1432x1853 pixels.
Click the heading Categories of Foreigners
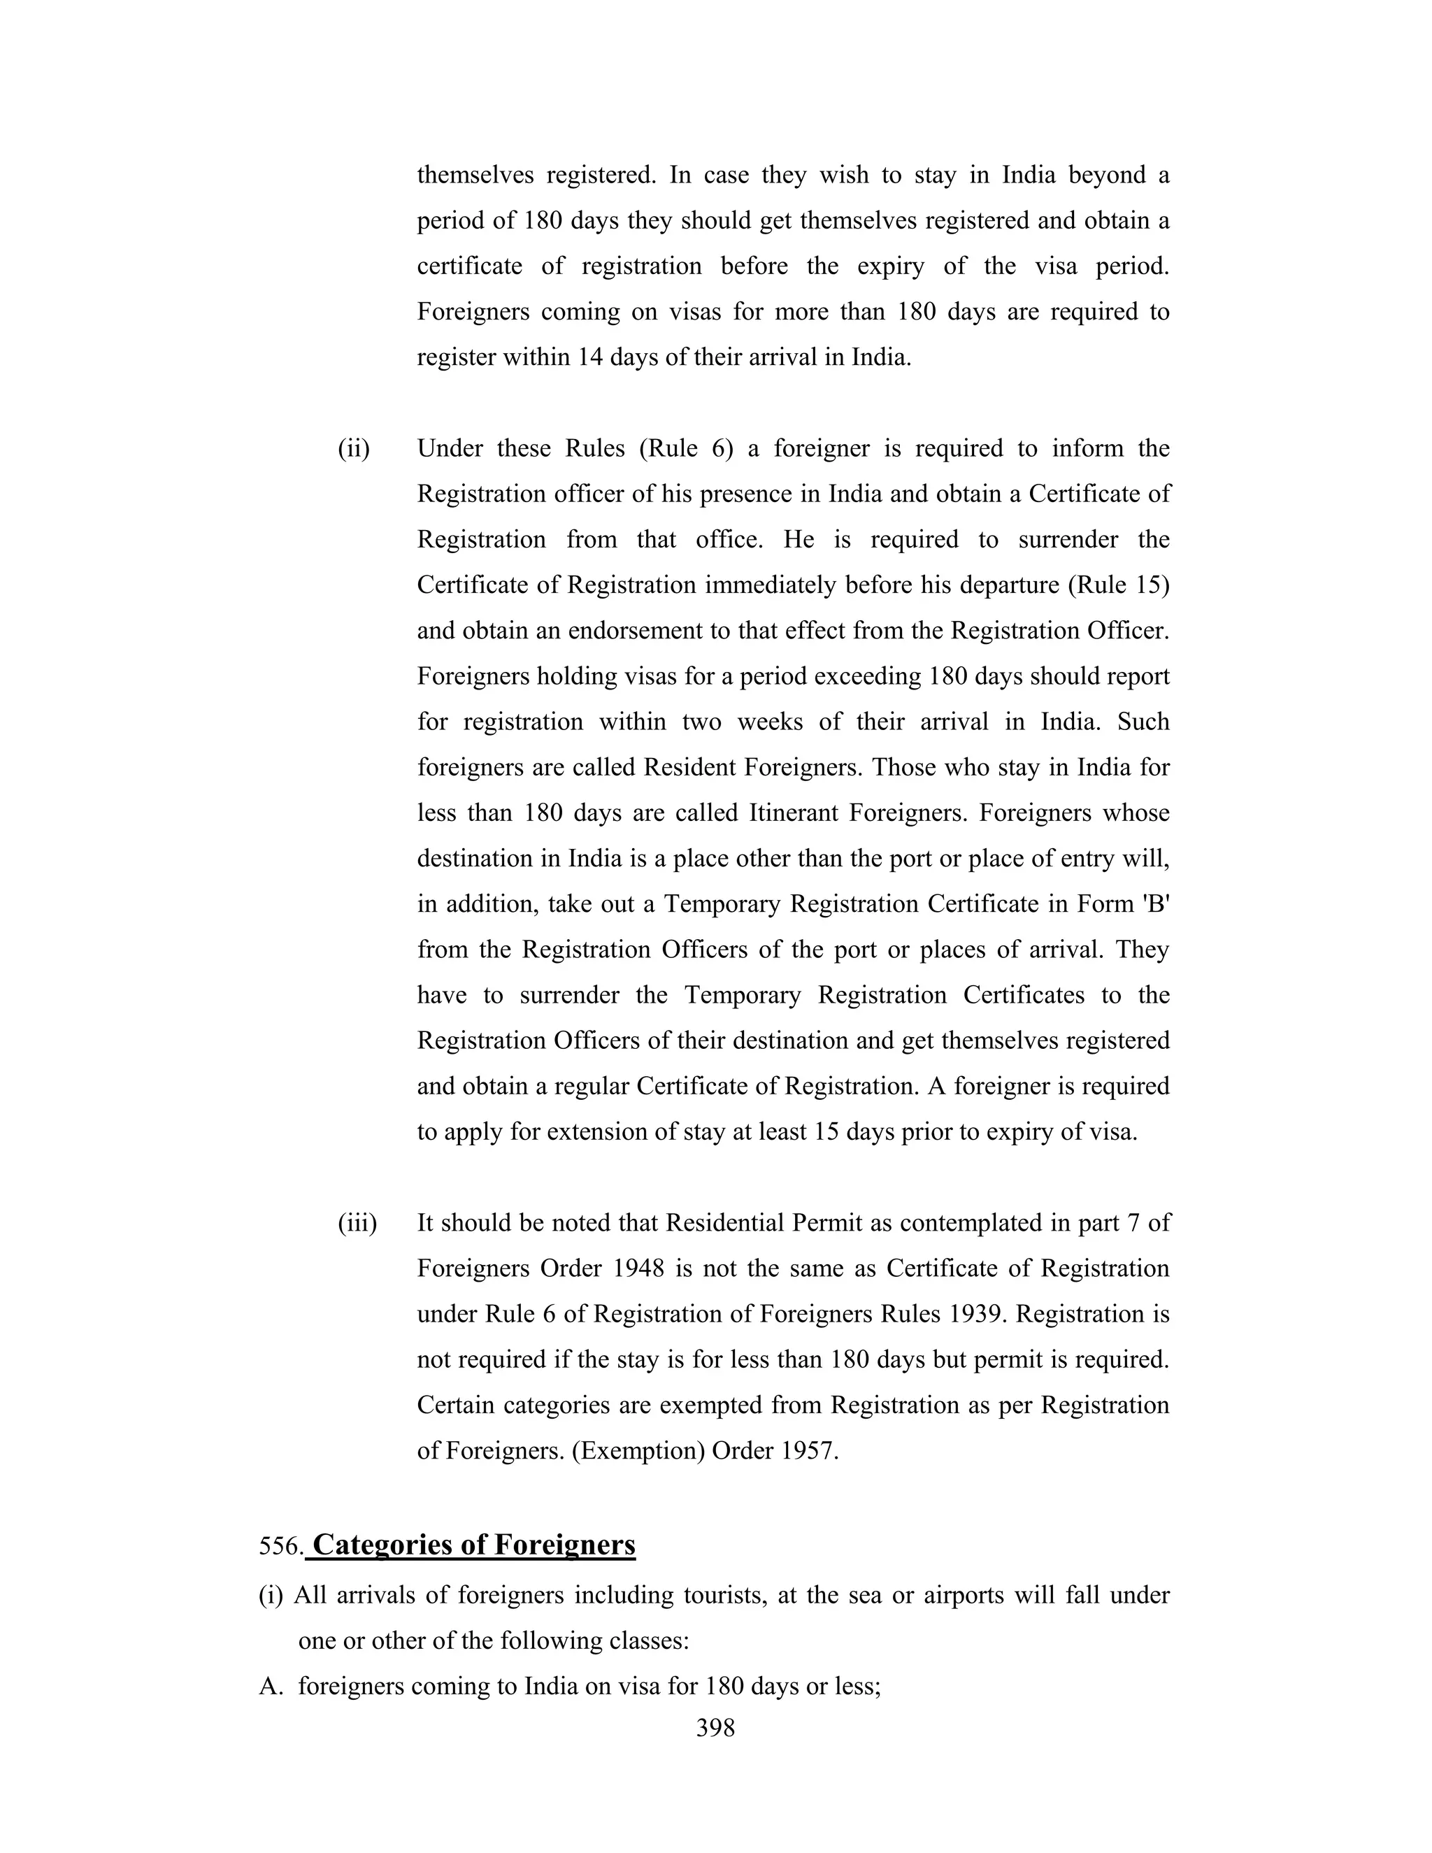point(473,1545)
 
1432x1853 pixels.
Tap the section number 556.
point(279,1547)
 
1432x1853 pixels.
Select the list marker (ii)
point(354,449)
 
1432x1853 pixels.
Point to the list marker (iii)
point(357,1224)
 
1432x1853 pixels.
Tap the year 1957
point(808,1451)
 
